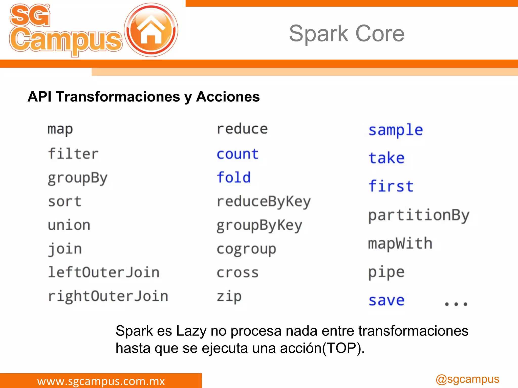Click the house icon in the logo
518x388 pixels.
pyautogui.click(x=151, y=30)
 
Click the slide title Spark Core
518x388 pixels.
pyautogui.click(x=347, y=33)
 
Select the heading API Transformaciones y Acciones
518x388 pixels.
pyautogui.click(x=144, y=97)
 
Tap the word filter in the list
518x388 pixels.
pyautogui.click(x=73, y=154)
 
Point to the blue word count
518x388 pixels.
pyautogui.click(x=238, y=154)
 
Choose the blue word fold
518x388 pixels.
pyautogui.click(x=234, y=177)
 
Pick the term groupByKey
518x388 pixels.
pyautogui.click(x=260, y=225)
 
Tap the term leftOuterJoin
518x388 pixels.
pyautogui.click(x=104, y=272)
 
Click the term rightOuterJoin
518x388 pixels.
pyautogui.click(x=108, y=296)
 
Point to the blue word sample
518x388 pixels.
pyautogui.click(x=396, y=130)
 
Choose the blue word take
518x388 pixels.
pyautogui.click(x=386, y=158)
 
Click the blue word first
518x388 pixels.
pyautogui.click(x=391, y=186)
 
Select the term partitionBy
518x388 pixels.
pyautogui.click(x=419, y=215)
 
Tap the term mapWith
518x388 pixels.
pyautogui.click(x=400, y=244)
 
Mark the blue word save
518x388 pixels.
pyautogui.click(x=386, y=300)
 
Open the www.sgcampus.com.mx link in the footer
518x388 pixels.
pyautogui.click(x=101, y=381)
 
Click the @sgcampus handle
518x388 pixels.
pyautogui.click(x=467, y=379)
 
